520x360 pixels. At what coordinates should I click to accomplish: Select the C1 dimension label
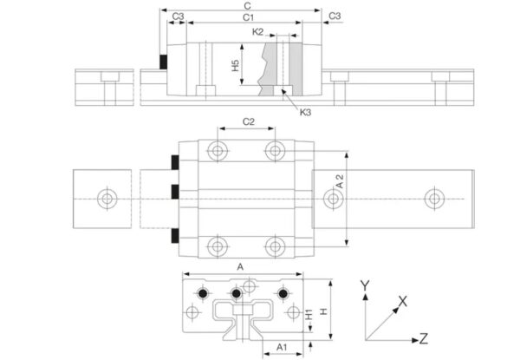pyautogui.click(x=248, y=16)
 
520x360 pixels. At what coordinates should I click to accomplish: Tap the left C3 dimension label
pyautogui.click(x=178, y=16)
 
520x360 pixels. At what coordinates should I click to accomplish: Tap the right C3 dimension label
pyautogui.click(x=335, y=16)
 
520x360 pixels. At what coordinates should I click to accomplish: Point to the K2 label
pyautogui.click(x=257, y=31)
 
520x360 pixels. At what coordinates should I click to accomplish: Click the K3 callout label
pyautogui.click(x=305, y=112)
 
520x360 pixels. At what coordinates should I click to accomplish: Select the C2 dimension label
pyautogui.click(x=247, y=121)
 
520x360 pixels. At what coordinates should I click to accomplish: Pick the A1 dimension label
pyautogui.click(x=282, y=347)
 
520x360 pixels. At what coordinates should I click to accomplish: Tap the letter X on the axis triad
pyautogui.click(x=402, y=301)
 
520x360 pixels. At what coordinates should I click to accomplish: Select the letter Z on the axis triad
pyautogui.click(x=425, y=337)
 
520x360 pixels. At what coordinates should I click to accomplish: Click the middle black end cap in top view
pyautogui.click(x=175, y=191)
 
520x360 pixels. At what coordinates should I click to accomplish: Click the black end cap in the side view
pyautogui.click(x=162, y=62)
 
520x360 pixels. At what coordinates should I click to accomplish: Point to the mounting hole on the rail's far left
pyautogui.click(x=107, y=199)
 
